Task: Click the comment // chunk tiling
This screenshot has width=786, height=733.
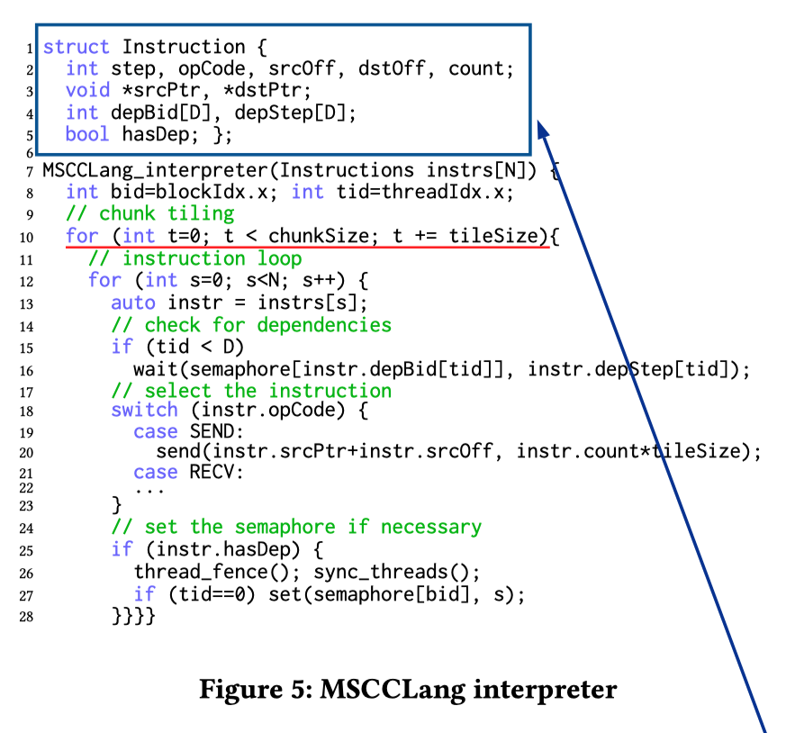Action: coord(149,213)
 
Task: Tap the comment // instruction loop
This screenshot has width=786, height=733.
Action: coord(194,258)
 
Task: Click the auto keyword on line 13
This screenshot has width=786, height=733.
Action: coord(132,303)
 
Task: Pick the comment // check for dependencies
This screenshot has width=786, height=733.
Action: coord(251,324)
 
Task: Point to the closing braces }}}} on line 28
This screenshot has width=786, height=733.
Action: coord(133,616)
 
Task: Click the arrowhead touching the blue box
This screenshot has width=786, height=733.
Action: coord(544,131)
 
